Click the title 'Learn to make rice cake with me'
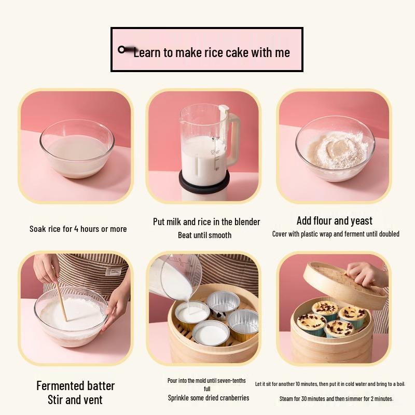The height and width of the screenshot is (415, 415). pos(211,52)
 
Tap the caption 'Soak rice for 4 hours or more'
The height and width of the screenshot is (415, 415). pos(78,229)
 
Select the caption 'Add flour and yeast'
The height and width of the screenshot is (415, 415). pos(335,221)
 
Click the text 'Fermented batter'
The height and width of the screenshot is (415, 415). pos(75,386)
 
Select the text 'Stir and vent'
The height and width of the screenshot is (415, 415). pos(75,400)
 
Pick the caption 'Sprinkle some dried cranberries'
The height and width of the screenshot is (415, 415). pos(209,398)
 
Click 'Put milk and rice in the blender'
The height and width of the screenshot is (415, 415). pos(206,222)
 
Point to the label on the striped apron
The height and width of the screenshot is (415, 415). pos(113,271)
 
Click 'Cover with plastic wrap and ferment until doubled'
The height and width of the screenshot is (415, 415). pos(336,234)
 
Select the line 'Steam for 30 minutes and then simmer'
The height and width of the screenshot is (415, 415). pos(336,398)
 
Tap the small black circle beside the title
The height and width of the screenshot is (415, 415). pos(121,49)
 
